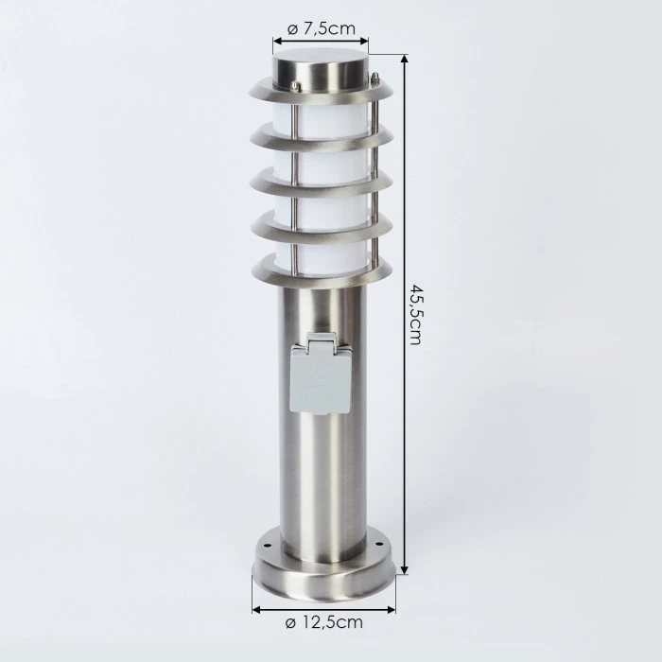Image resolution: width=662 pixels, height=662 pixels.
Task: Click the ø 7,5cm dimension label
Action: click(x=321, y=28)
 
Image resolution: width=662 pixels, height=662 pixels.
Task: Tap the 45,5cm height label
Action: click(x=414, y=311)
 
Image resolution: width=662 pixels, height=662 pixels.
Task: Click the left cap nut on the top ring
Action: click(x=294, y=86)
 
